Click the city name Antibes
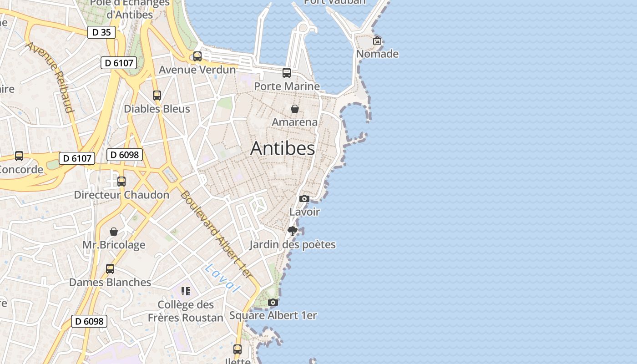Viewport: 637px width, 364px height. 283,148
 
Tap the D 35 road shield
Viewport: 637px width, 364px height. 101,32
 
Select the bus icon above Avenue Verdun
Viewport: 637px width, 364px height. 197,56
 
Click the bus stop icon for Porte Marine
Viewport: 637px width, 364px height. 287,73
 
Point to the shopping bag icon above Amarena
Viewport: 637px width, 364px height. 295,109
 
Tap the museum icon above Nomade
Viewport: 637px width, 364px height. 377,40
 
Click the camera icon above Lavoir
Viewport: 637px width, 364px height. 304,198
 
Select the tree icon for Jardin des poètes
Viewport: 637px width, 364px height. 293,231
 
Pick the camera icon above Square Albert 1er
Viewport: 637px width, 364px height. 273,302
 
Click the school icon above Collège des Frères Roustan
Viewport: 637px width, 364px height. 185,291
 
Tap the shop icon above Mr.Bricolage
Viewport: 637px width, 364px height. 114,232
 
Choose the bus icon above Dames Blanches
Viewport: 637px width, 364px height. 110,269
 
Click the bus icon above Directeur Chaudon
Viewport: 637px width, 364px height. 121,182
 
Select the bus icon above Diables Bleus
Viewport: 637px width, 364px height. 157,96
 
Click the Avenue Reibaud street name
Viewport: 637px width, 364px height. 50,77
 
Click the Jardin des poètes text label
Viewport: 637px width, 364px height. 293,245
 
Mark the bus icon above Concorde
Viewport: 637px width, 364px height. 19,156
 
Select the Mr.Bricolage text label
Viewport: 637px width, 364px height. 114,245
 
